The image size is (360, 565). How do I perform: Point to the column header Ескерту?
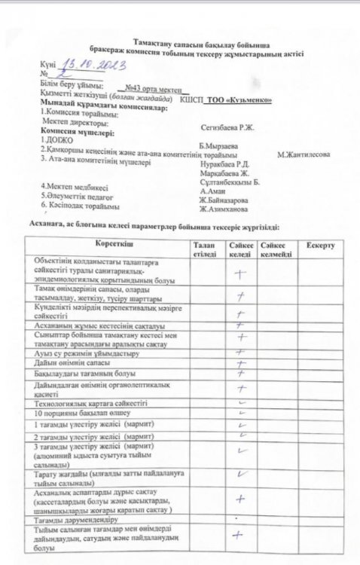point(321,246)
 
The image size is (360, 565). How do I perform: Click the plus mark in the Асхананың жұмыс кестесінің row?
point(242,325)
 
